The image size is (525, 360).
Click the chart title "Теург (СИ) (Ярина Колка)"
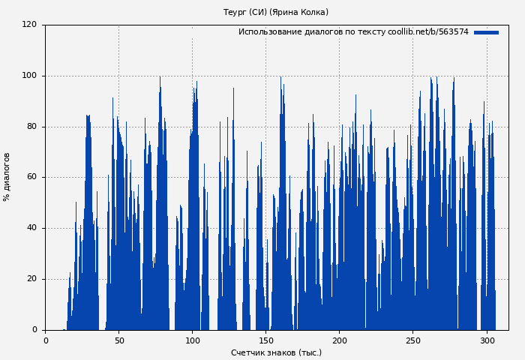276,12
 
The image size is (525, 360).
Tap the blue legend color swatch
486,32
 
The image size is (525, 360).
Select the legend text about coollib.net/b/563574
353,32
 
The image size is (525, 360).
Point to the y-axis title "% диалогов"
7,177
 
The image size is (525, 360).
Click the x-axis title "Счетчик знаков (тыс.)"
276,352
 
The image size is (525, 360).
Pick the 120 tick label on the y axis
29,25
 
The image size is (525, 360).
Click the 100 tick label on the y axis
29,76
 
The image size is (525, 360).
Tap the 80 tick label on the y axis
31,127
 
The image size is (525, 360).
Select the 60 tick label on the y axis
31,178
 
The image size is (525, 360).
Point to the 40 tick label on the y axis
31,228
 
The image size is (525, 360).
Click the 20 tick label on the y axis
31,279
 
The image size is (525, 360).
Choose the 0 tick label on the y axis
34,330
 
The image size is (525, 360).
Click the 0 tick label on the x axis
45,340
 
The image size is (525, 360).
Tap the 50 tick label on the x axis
118,340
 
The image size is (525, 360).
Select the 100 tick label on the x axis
192,340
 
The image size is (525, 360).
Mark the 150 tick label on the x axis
265,340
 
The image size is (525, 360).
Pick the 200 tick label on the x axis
339,340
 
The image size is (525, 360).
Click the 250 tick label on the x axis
412,340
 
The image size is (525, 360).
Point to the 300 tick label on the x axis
486,340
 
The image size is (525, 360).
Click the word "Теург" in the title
235,12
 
